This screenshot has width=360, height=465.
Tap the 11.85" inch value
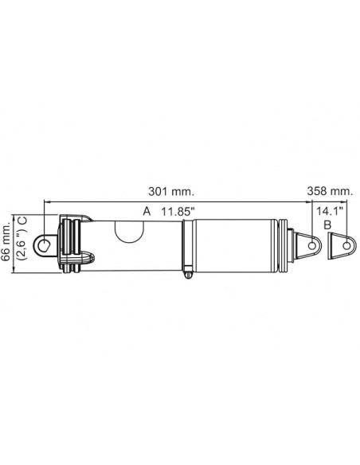pyautogui.click(x=178, y=212)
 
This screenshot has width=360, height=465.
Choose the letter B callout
pyautogui.click(x=327, y=225)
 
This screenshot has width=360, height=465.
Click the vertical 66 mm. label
pyautogui.click(x=9, y=243)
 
